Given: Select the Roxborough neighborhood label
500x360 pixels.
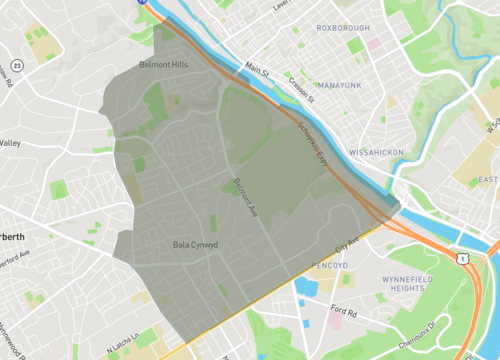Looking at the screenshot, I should (x=343, y=28).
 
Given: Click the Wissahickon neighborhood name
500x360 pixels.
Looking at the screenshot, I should (x=375, y=152).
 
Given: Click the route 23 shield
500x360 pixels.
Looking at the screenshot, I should (x=46, y=58).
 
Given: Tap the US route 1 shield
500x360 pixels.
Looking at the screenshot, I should (x=462, y=258).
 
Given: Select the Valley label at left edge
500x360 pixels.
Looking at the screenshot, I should (x=10, y=143).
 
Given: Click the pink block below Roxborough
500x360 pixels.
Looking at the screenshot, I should (x=374, y=43).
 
